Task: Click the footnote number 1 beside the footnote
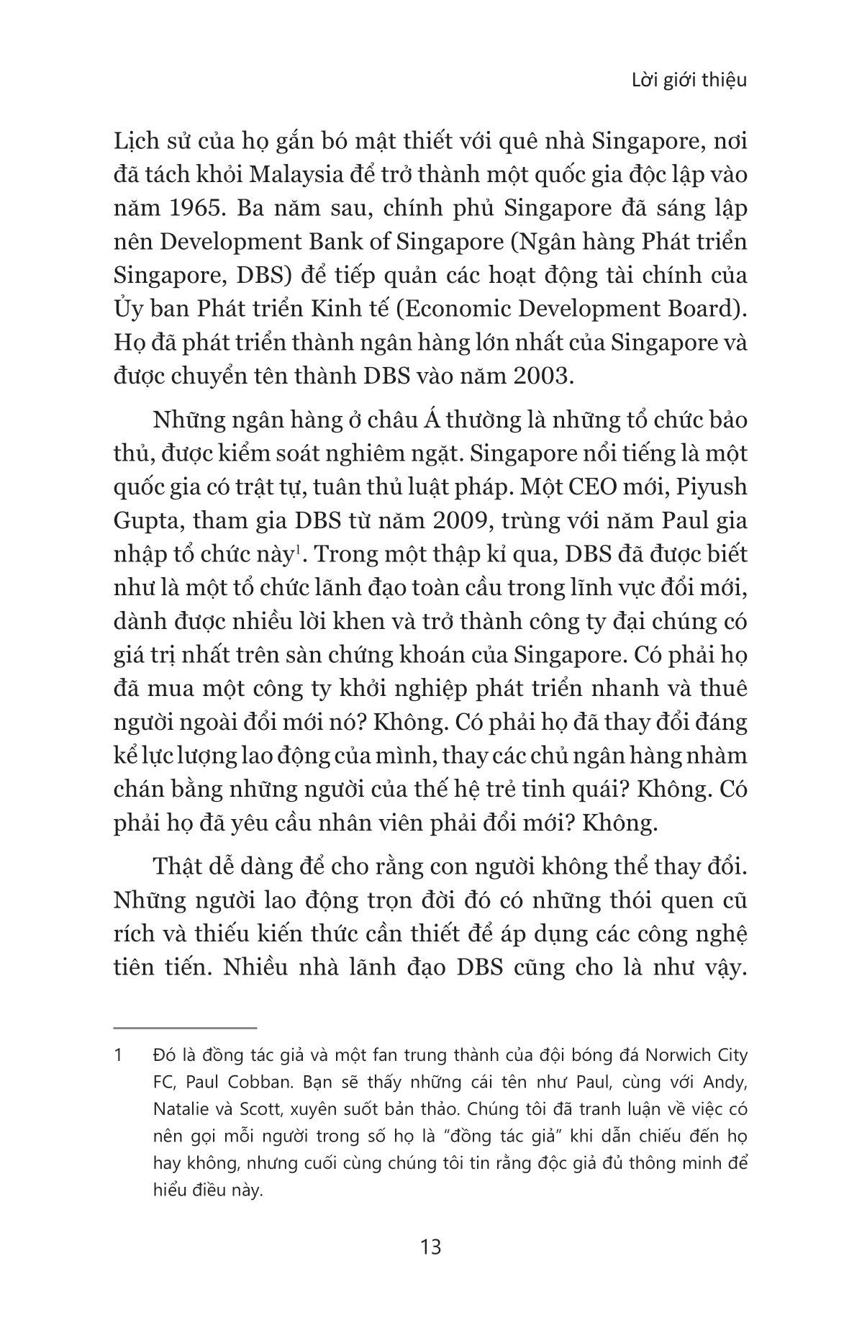click(x=119, y=1056)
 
